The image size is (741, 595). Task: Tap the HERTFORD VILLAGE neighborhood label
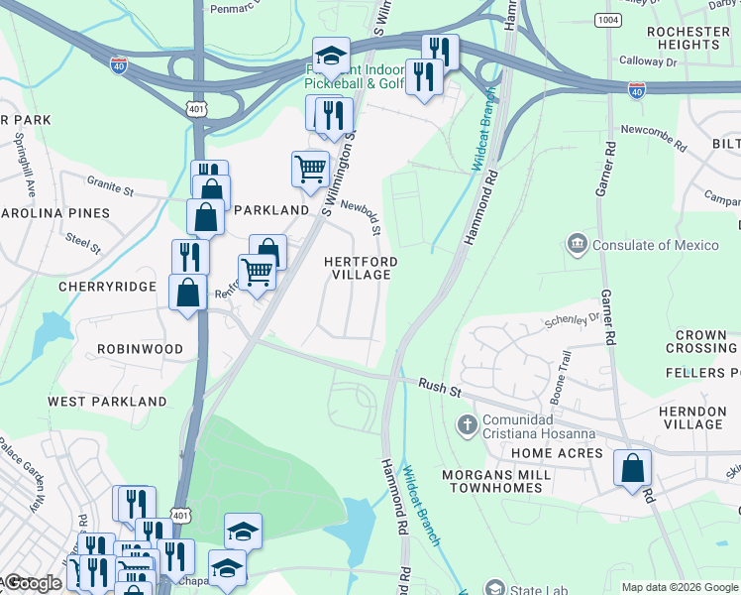[362, 268]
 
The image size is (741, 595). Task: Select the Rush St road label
[440, 388]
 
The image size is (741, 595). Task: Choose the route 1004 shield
[607, 20]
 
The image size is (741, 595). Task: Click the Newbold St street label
[361, 215]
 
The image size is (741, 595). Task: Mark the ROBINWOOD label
[140, 349]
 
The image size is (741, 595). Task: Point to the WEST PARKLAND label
[107, 402]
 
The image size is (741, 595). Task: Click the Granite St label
[110, 185]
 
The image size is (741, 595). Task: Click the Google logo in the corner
[32, 583]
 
